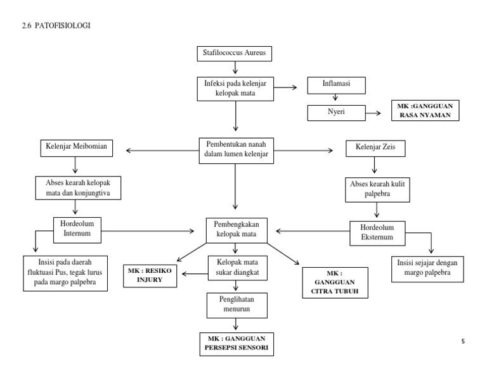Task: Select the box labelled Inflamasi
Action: tap(334, 84)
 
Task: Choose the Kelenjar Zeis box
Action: tap(374, 150)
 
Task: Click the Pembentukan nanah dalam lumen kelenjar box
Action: tap(236, 150)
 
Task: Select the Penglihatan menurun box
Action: tap(235, 306)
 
